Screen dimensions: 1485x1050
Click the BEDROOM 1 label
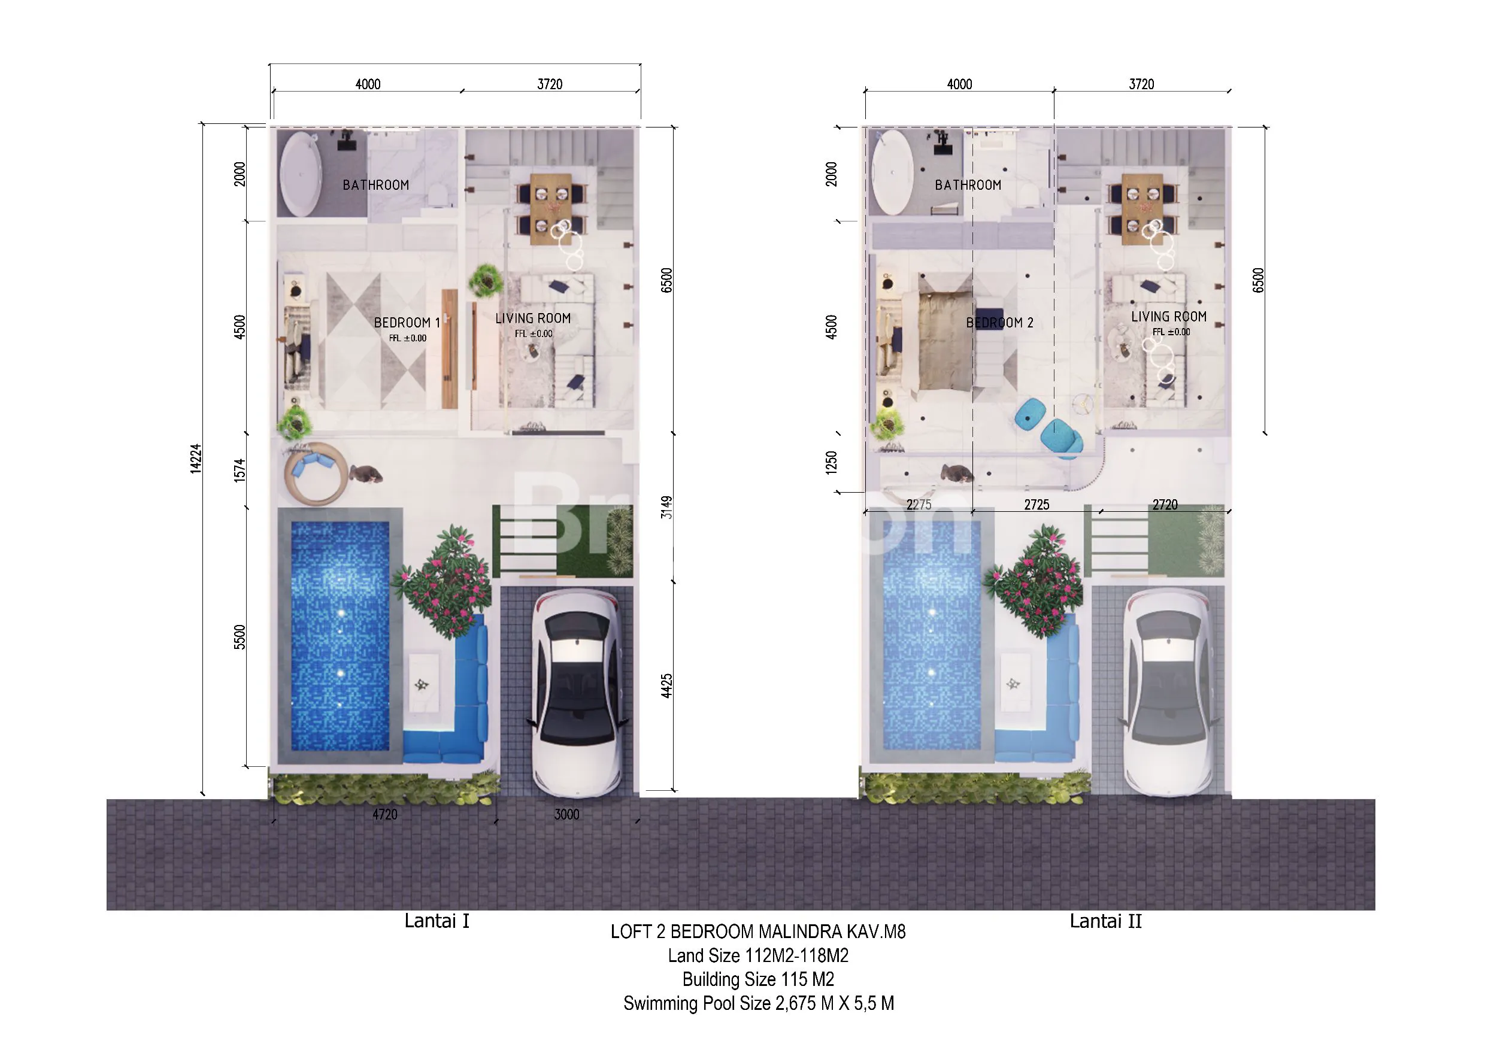tap(407, 322)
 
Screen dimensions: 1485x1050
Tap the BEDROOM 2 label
tap(999, 322)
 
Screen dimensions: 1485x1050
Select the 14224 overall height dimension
tap(196, 459)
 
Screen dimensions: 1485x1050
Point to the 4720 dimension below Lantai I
tap(385, 814)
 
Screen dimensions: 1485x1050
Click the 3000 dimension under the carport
tap(566, 814)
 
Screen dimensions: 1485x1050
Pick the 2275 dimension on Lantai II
tap(919, 504)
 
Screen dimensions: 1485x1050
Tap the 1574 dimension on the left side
tap(240, 470)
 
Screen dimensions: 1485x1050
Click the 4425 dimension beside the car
tap(667, 685)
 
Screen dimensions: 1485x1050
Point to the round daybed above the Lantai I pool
tap(316, 474)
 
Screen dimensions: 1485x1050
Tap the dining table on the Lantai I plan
tap(551, 208)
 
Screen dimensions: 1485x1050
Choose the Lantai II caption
tap(1105, 921)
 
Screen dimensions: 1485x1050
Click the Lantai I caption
tap(437, 921)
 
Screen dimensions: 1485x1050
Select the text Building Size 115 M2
tap(758, 979)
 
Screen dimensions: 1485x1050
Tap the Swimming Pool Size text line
tap(759, 1003)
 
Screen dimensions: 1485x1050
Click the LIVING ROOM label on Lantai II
tap(1169, 316)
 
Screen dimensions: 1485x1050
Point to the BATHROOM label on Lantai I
tap(376, 185)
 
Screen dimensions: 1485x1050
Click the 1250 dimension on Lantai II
tap(831, 462)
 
